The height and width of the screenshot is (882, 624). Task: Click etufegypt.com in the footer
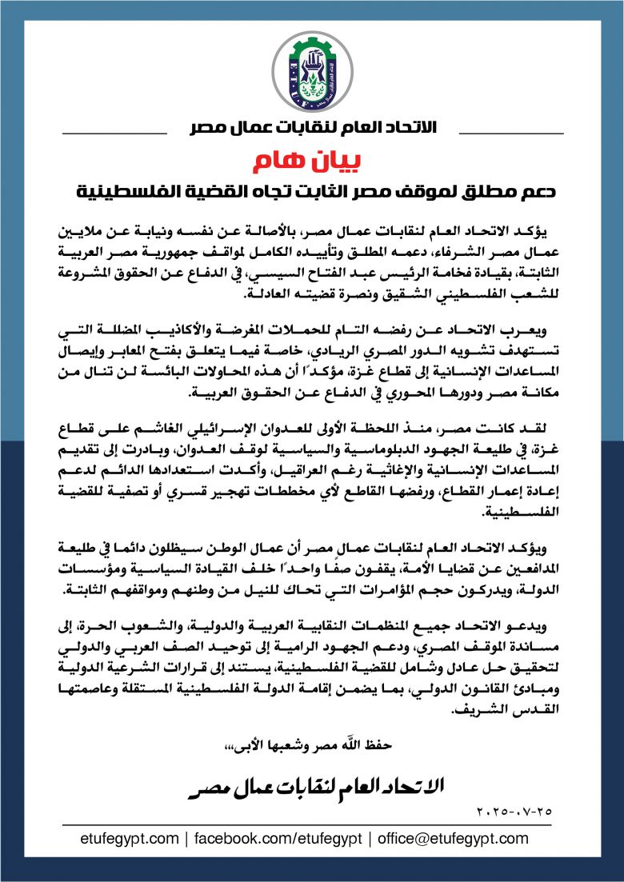point(130,838)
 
